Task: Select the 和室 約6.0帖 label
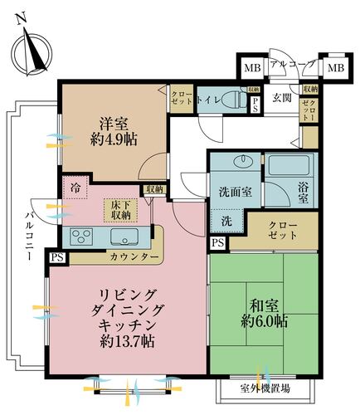[x=264, y=311]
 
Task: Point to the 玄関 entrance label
[x=282, y=99]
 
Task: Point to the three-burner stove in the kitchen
[x=82, y=237]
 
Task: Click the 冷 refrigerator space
[x=75, y=188]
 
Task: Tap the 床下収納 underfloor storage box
[x=118, y=209]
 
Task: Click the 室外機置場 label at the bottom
[x=267, y=388]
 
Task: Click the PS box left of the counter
[x=56, y=258]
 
